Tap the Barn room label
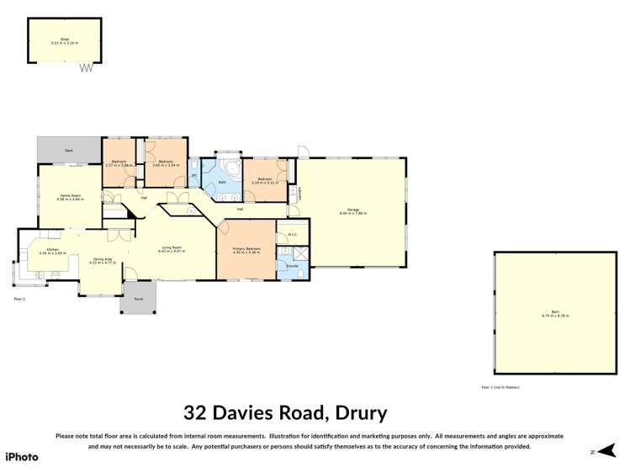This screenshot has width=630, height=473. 555,313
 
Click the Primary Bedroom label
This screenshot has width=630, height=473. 246,249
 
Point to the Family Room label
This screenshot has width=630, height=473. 70,197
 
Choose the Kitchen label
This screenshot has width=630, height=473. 52,250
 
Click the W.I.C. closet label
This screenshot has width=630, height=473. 292,235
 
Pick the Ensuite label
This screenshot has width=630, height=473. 292,266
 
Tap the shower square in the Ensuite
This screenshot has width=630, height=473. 285,252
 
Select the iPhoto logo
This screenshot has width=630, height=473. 22,456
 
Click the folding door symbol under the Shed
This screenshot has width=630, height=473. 85,68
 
